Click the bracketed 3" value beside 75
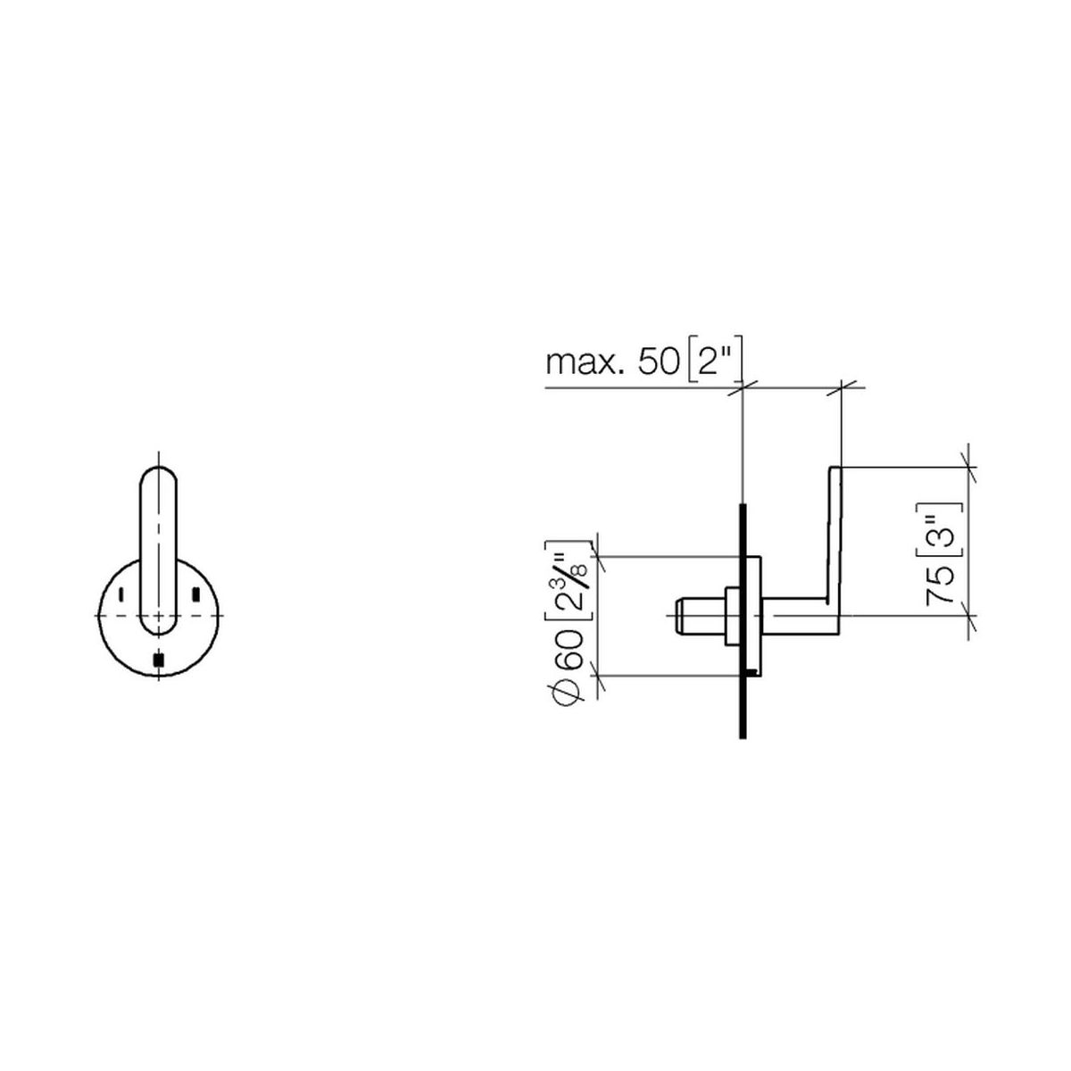(939, 529)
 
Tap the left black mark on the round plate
(120, 594)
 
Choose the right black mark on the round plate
(195, 594)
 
